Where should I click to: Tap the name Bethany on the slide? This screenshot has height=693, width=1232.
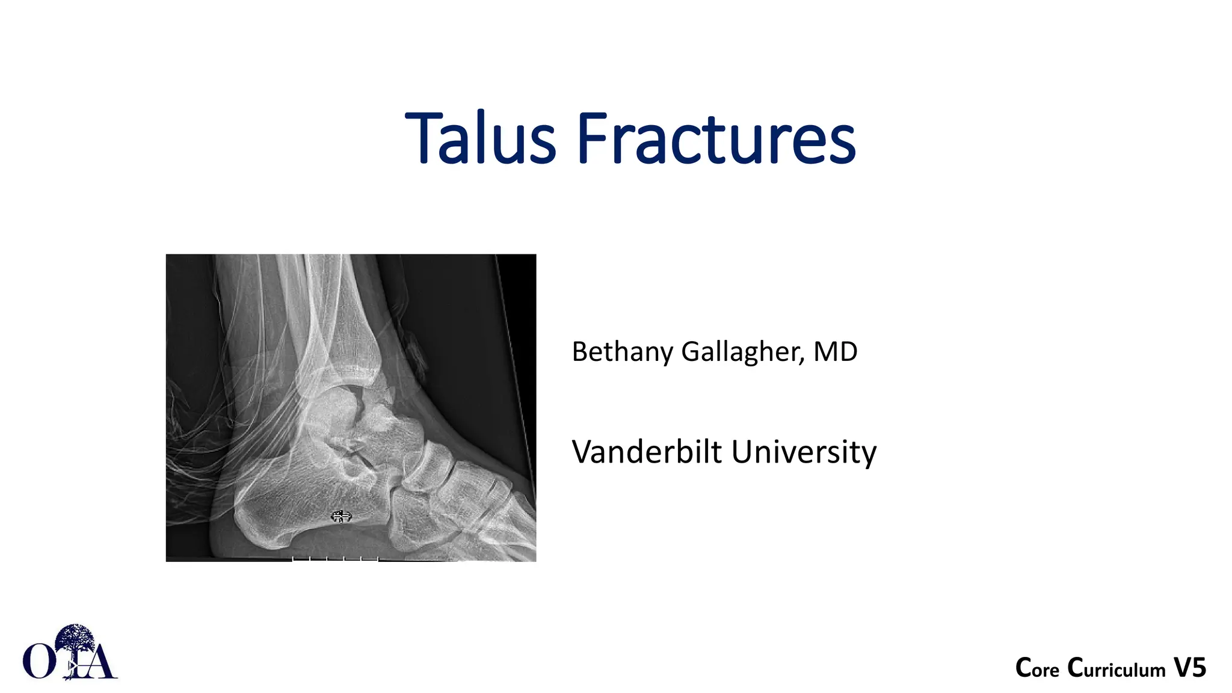(622, 352)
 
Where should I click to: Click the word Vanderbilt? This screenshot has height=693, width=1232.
(646, 452)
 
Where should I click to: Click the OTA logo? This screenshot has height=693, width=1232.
(70, 653)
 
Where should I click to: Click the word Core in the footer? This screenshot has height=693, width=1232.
(1037, 668)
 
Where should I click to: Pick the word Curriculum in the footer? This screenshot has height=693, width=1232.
(1116, 668)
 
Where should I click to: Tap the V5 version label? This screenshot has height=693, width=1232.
(1190, 668)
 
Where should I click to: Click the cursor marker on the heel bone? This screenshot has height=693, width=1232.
(341, 516)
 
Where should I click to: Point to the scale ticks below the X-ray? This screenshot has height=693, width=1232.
(335, 559)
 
